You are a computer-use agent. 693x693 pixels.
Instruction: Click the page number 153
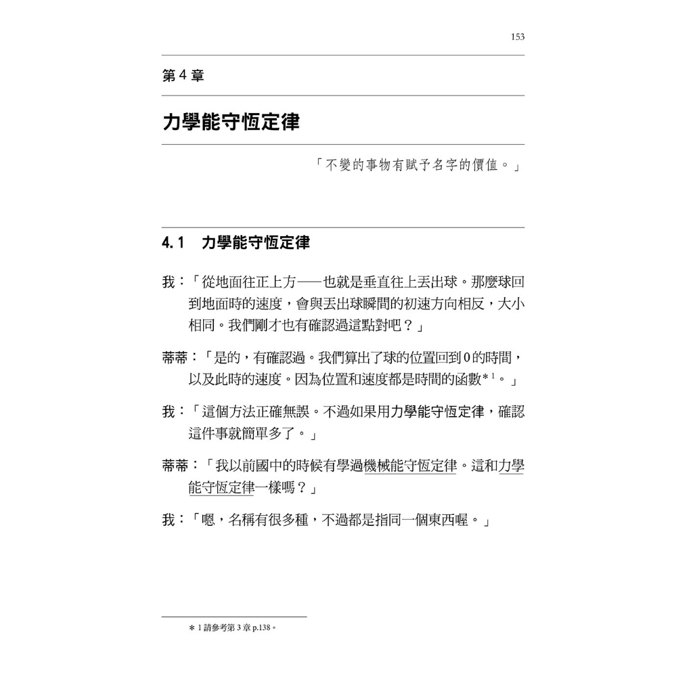point(518,37)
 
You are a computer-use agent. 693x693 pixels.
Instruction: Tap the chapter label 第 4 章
point(183,76)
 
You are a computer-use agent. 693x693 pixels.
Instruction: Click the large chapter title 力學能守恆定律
point(231,122)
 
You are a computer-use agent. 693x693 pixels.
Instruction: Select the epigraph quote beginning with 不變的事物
point(417,165)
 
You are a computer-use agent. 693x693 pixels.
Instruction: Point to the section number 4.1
point(173,244)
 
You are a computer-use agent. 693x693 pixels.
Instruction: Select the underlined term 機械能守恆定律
point(411,467)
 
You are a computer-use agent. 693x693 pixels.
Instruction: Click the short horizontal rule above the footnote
point(234,617)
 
